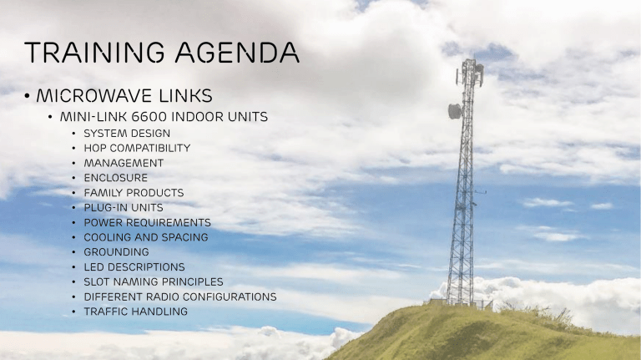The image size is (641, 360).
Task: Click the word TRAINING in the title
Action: [94, 53]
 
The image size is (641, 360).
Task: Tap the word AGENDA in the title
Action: [238, 53]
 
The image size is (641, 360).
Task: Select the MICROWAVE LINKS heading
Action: [124, 96]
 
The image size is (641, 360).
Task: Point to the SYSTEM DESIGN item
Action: [127, 134]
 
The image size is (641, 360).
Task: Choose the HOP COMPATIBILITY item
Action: [138, 148]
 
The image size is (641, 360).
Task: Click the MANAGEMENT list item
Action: [124, 163]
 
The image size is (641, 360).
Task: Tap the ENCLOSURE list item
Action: [116, 178]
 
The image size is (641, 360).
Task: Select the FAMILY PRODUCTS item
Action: [134, 193]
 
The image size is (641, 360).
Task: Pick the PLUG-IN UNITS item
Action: [124, 208]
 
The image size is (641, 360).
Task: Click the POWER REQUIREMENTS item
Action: [148, 222]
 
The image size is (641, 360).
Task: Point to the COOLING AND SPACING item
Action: [146, 237]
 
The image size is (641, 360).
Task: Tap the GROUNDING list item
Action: [117, 252]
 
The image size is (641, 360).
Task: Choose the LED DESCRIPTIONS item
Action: [134, 267]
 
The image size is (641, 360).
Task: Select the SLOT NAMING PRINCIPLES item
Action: [154, 281]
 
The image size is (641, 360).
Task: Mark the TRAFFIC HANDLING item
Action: [136, 312]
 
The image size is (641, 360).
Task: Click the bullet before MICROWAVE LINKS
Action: [27, 96]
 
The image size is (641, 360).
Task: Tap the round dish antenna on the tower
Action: [455, 111]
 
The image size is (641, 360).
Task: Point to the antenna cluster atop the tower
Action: [470, 73]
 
